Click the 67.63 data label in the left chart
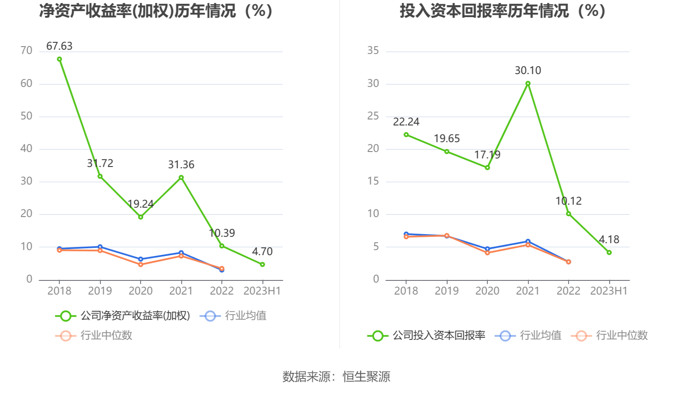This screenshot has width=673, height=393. (x=59, y=46)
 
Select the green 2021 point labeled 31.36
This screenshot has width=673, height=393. (x=181, y=178)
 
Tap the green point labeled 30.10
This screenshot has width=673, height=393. (x=528, y=84)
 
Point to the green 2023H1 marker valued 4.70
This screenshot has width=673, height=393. (x=263, y=265)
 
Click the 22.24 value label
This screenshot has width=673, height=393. (x=406, y=122)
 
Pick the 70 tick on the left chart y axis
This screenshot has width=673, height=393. (x=27, y=51)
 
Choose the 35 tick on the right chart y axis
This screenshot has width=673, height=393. (x=373, y=51)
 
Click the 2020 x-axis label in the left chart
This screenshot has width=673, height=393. (x=141, y=291)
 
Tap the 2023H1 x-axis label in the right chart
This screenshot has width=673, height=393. (x=609, y=291)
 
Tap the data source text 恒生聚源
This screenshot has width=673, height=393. (x=366, y=377)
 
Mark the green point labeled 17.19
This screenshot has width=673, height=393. (x=487, y=168)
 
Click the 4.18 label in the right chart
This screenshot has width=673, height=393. (x=609, y=240)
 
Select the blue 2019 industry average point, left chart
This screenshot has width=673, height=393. (x=100, y=247)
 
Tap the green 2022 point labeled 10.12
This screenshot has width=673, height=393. (x=569, y=214)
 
